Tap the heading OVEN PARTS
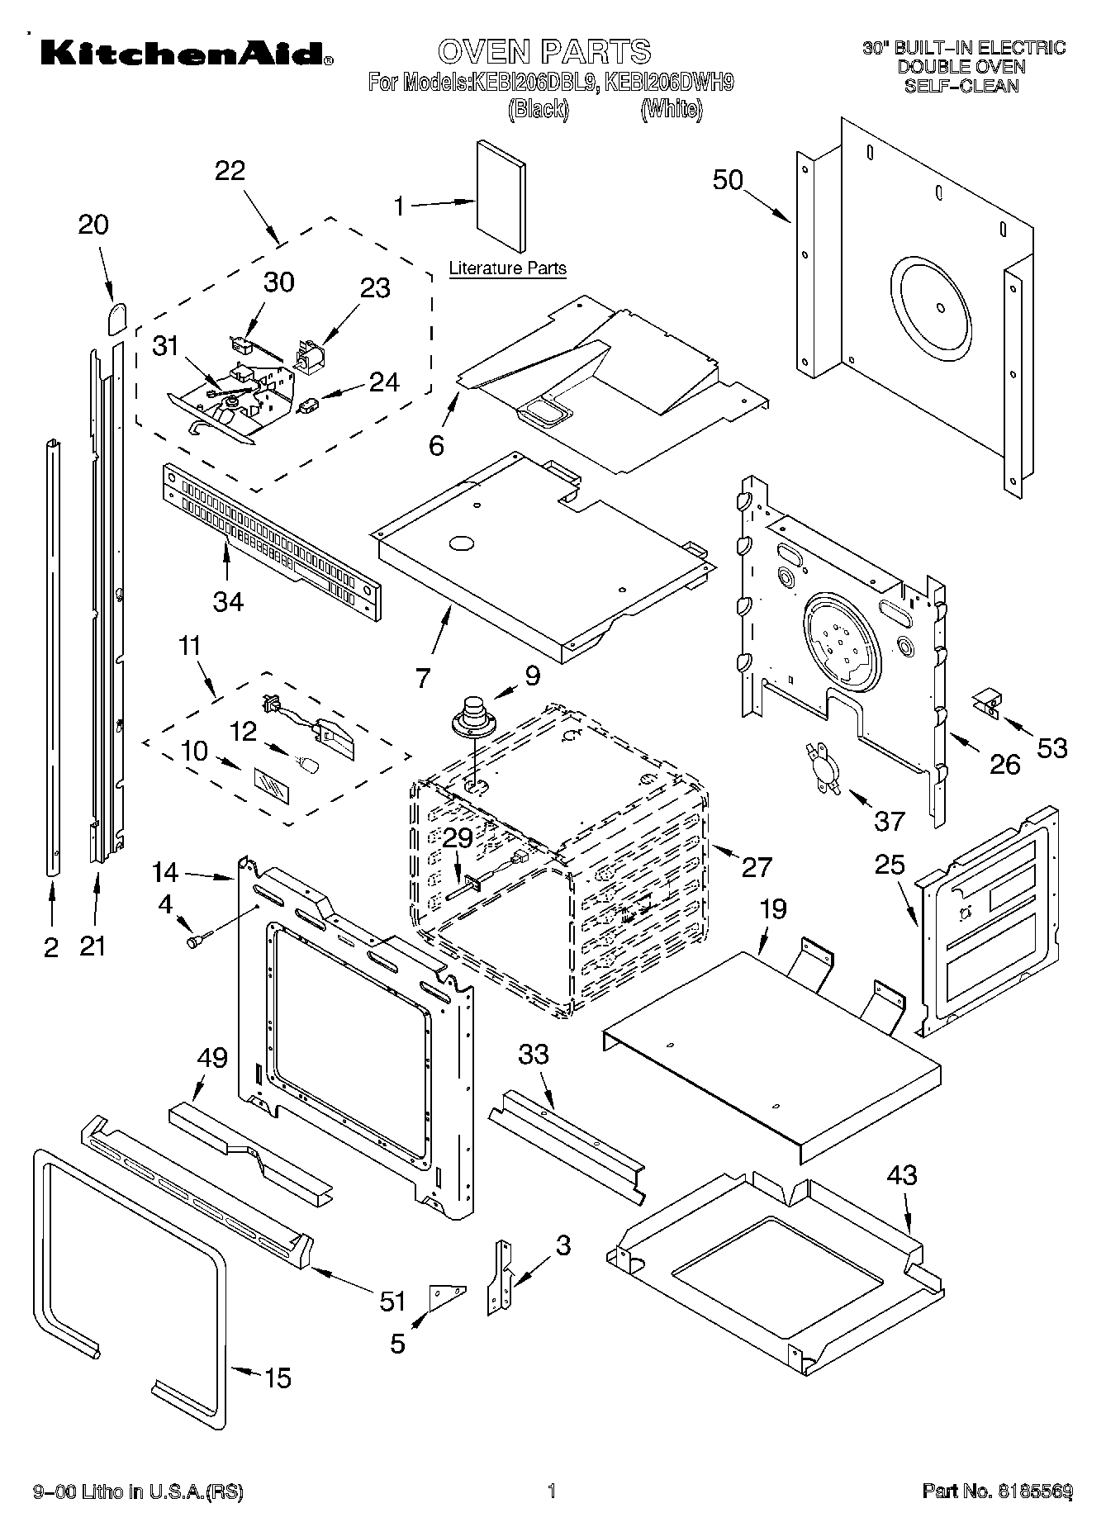pos(544,51)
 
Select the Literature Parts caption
pos(507,268)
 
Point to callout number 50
pos(728,180)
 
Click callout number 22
pos(230,171)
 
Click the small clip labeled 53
pos(986,703)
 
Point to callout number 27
pos(756,866)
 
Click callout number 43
pos(901,1174)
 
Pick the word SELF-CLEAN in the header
pos(961,85)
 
